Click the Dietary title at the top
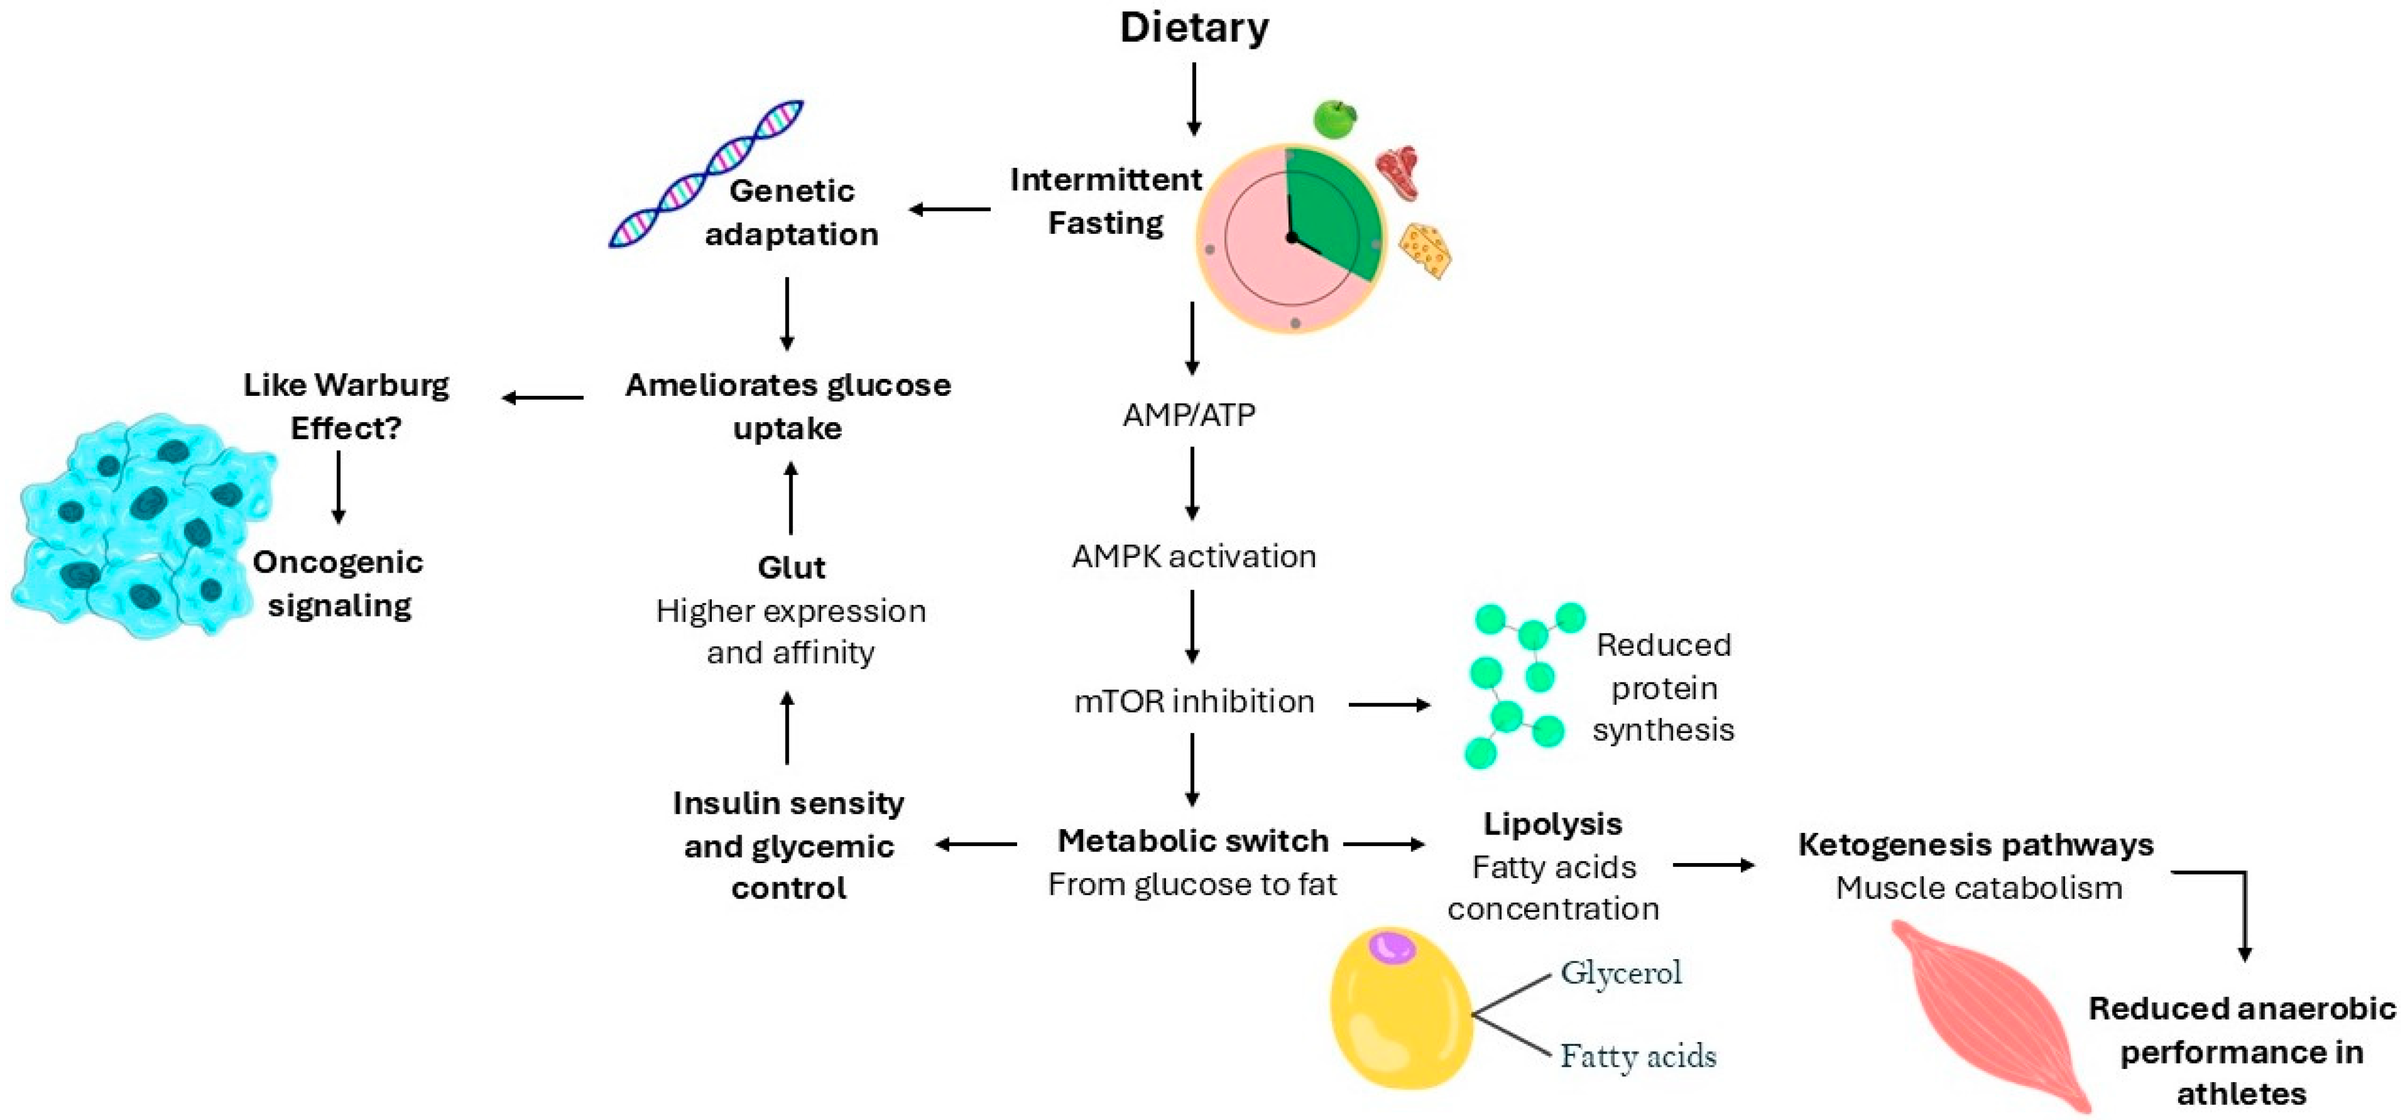click(x=1194, y=28)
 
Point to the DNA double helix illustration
click(x=705, y=175)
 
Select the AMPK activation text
click(x=1193, y=556)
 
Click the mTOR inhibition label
click(x=1193, y=701)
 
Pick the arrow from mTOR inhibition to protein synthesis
click(x=1389, y=705)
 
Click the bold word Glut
click(x=791, y=568)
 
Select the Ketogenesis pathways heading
click(x=1976, y=844)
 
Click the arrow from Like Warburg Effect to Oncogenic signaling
click(x=339, y=487)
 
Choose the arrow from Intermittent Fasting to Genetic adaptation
click(x=950, y=210)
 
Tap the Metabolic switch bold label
click(x=1192, y=841)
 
